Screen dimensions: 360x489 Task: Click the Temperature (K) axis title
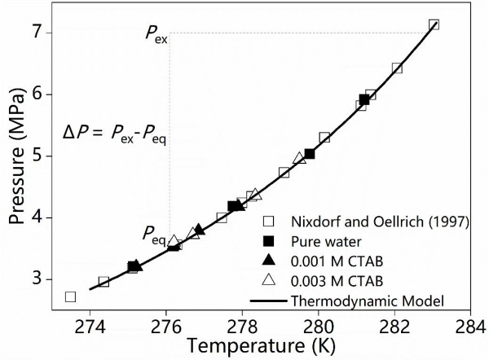[279, 348]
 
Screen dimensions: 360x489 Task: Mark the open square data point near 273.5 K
[70, 296]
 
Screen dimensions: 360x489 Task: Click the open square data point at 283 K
[434, 24]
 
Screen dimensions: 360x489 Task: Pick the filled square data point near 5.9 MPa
[364, 99]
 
